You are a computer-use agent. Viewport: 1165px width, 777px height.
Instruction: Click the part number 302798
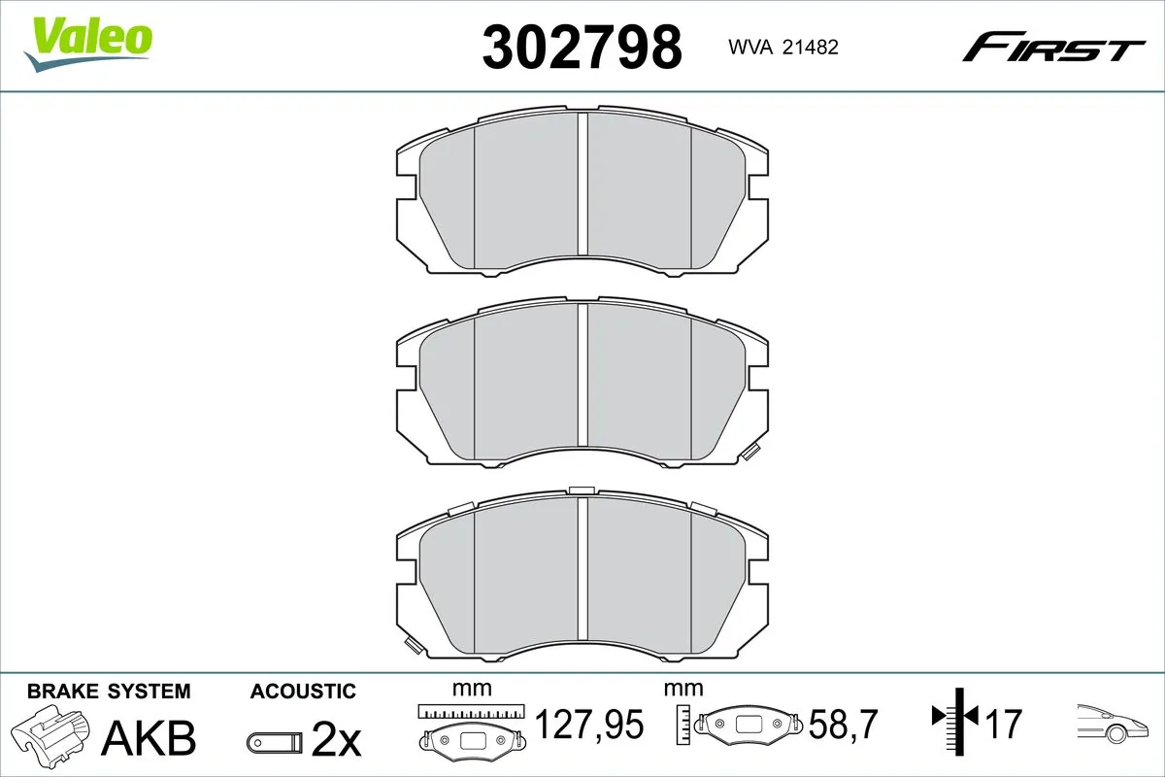pos(582,47)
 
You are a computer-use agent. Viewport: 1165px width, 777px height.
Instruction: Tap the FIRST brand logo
pos(1053,46)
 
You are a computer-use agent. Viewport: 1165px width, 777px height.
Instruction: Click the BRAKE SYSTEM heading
pos(109,692)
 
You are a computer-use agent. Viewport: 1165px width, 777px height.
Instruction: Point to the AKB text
pos(150,738)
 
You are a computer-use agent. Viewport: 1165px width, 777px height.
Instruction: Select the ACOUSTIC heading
pos(303,692)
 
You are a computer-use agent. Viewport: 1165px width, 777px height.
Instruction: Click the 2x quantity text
pos(335,741)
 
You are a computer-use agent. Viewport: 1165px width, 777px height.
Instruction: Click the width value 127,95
pos(589,724)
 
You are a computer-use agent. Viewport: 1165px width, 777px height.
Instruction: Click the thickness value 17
pos(1006,724)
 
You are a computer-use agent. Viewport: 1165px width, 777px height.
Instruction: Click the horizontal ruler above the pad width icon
pos(471,711)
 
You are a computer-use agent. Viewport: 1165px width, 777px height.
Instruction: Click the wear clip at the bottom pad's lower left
pos(413,643)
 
